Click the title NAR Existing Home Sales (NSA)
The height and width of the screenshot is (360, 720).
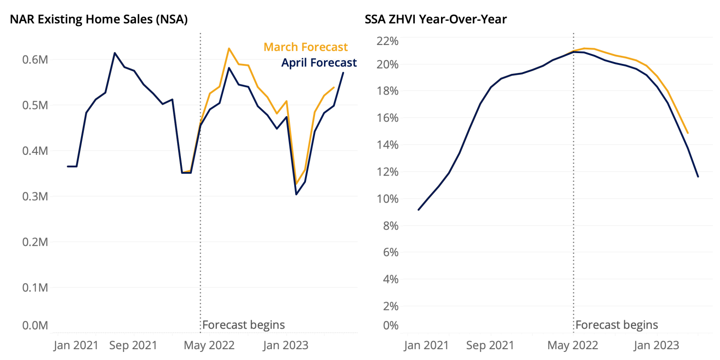click(99, 19)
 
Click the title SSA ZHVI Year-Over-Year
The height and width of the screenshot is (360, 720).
click(436, 19)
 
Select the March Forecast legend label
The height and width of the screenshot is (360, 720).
click(306, 47)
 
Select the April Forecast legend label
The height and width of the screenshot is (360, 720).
click(319, 63)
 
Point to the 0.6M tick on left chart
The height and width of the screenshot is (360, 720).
click(35, 59)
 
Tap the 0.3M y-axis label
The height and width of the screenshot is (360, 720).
click(35, 196)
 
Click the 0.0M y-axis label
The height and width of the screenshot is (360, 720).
click(35, 325)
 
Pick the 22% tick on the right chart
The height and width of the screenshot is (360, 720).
click(387, 41)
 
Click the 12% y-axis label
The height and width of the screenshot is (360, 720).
click(387, 172)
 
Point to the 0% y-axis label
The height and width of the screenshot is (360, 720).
click(391, 325)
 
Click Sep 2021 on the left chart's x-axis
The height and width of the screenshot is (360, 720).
click(133, 346)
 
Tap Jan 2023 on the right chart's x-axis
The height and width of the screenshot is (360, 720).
click(656, 346)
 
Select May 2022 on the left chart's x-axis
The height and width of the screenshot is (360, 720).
click(209, 346)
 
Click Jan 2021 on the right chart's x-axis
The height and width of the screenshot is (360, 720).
click(426, 346)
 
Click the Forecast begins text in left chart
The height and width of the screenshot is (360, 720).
click(243, 325)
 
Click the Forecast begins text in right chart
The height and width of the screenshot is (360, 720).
click(616, 325)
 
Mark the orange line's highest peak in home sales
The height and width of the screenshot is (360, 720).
click(229, 48)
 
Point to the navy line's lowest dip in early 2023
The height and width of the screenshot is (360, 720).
click(296, 194)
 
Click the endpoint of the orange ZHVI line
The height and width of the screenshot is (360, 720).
click(688, 133)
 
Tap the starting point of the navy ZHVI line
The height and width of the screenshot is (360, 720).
click(418, 210)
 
